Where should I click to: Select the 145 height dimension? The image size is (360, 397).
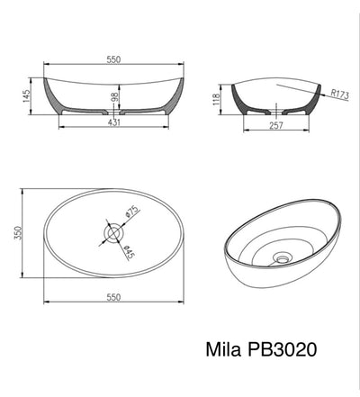pos(28,93)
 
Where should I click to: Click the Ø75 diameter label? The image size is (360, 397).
pos(130,213)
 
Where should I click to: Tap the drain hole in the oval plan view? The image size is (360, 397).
pos(114,233)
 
